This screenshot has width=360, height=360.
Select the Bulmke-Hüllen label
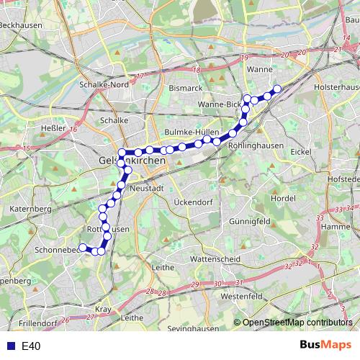pos(192,133)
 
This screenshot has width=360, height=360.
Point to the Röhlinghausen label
pos(252,144)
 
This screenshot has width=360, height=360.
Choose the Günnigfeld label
pos(249,220)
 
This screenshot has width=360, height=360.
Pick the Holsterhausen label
pos(336,87)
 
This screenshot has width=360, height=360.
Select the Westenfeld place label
pos(242,296)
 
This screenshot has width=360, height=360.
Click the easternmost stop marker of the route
pos(276,89)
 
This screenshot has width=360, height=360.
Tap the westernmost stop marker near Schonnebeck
pos(83,248)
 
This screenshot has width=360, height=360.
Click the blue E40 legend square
pos(10,346)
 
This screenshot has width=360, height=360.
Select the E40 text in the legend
pos(31,346)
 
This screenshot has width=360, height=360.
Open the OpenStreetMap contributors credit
pos(297,323)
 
